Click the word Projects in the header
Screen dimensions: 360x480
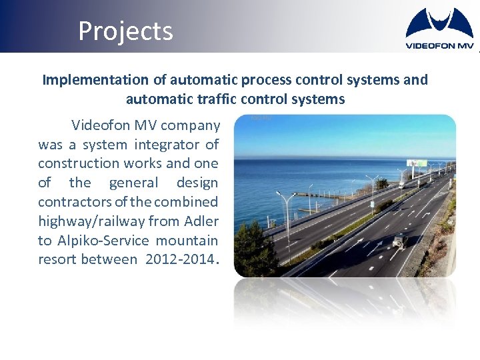click(125, 31)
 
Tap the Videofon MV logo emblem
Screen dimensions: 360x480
click(439, 24)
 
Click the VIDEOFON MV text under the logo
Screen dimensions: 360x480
click(439, 45)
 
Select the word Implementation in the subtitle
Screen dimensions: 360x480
click(85, 80)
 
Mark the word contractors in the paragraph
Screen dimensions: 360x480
click(73, 202)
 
